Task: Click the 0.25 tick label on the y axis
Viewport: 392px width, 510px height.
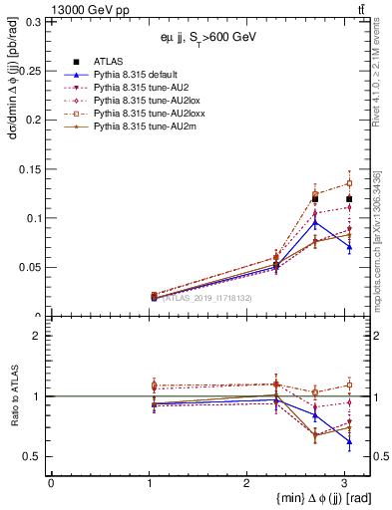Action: (33, 71)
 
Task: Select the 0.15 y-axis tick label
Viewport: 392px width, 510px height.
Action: (33, 168)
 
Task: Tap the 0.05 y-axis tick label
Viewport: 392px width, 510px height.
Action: (33, 267)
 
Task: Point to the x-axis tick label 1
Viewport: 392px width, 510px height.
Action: (148, 483)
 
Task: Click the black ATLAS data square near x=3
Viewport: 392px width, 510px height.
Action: (349, 198)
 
